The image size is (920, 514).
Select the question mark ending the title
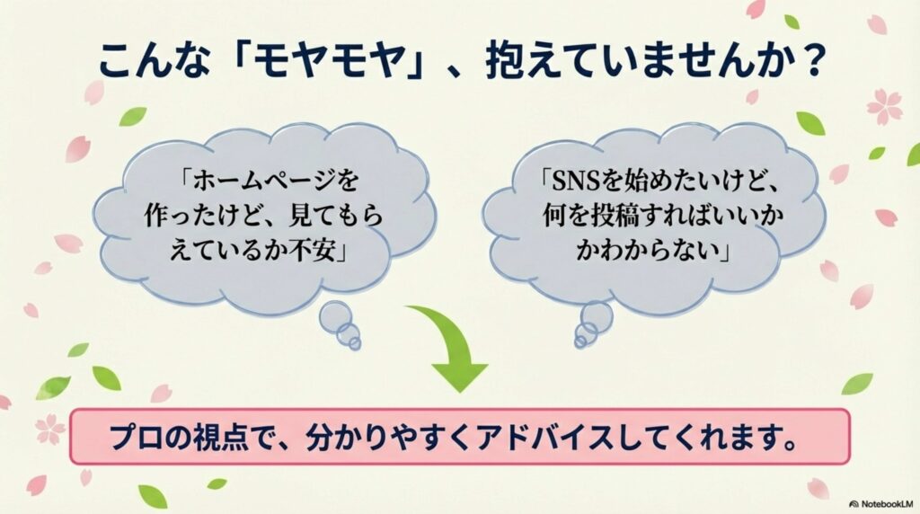pyautogui.click(x=813, y=61)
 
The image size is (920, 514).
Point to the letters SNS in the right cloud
pyautogui.click(x=575, y=181)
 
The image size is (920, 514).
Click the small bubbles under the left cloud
pyautogui.click(x=340, y=324)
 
